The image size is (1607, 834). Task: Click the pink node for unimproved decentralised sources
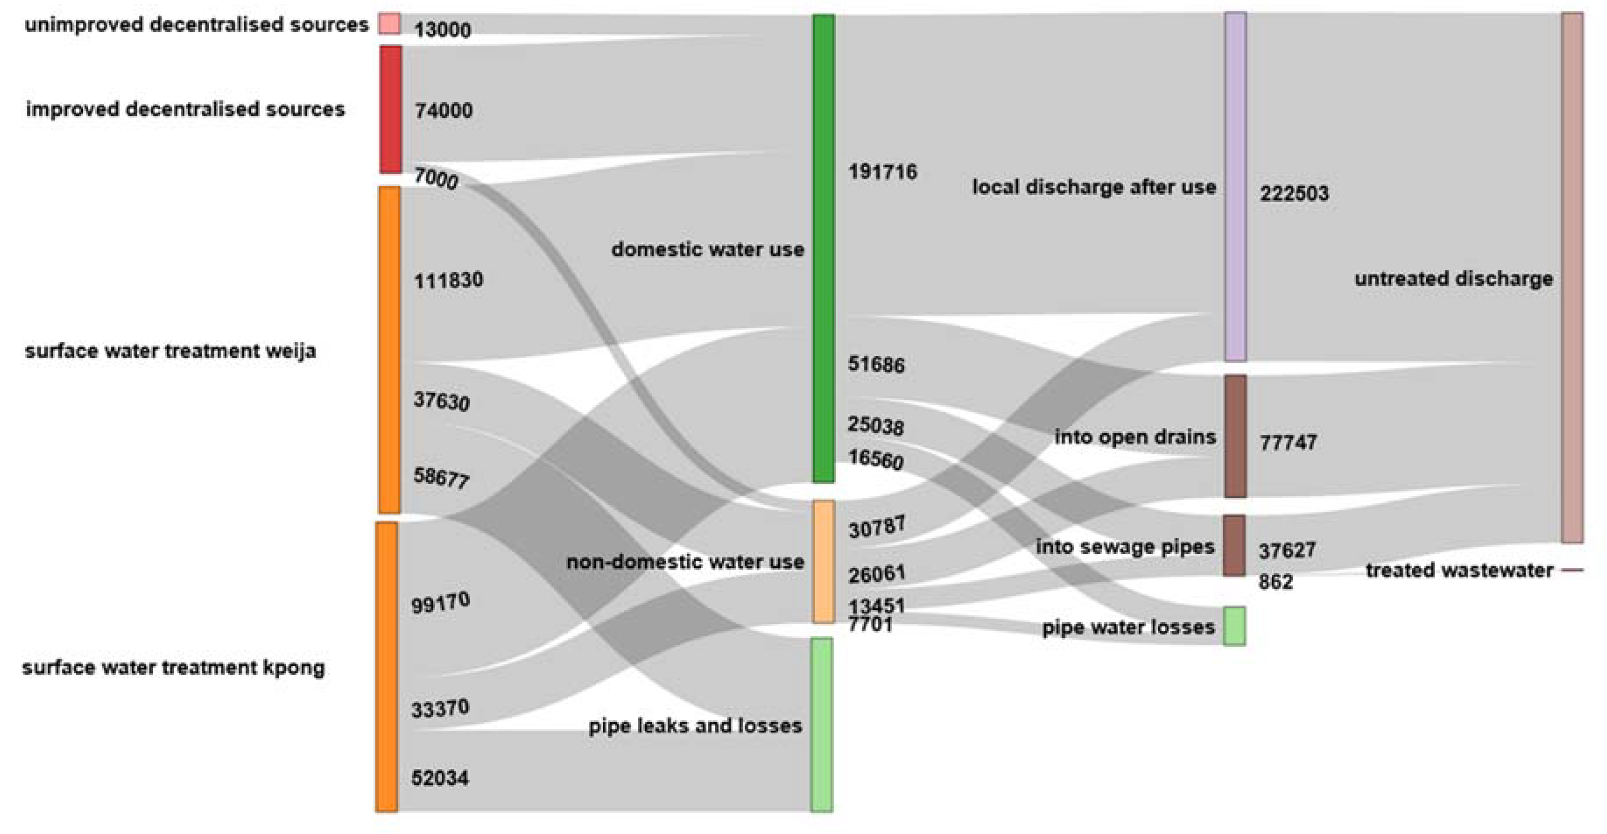(389, 24)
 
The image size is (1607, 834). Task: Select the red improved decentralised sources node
(390, 109)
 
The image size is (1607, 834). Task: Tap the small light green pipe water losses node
(1234, 626)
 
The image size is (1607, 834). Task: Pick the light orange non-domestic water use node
(823, 561)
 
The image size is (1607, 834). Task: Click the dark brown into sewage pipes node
(1234, 545)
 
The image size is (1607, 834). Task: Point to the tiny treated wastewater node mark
(1572, 570)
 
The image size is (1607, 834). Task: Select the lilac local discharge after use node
(1236, 187)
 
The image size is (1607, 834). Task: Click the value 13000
(442, 30)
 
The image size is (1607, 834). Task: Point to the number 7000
(436, 179)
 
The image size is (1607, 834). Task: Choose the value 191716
(882, 172)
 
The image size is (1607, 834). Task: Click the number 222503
(1294, 194)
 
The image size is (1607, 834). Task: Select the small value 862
(1276, 582)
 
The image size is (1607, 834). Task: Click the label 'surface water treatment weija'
(170, 351)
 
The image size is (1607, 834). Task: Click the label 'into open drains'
(1135, 436)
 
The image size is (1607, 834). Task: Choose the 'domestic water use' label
(707, 250)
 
